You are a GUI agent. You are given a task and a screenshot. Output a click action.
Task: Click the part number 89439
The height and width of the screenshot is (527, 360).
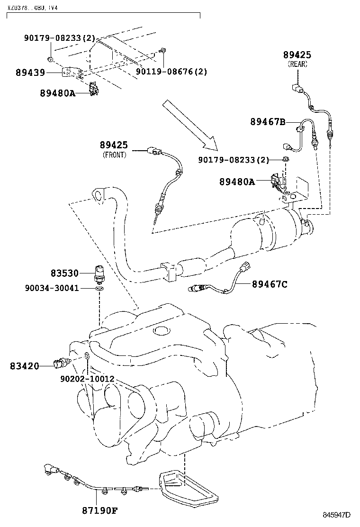point(30,73)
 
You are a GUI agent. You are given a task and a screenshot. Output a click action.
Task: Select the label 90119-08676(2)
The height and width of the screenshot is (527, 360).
point(171,72)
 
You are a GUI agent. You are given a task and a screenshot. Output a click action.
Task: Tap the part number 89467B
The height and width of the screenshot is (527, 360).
point(268,122)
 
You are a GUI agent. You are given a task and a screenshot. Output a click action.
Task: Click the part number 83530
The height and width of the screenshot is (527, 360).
point(65,273)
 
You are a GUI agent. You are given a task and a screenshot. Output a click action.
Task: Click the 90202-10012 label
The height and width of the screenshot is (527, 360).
point(87,379)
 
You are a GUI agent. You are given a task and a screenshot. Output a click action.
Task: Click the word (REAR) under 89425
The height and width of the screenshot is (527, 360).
point(297,64)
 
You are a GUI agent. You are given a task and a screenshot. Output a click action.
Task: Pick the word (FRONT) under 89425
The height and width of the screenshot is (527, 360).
point(114,155)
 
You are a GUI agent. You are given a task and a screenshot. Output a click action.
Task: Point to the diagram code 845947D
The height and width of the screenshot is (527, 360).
point(336,515)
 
